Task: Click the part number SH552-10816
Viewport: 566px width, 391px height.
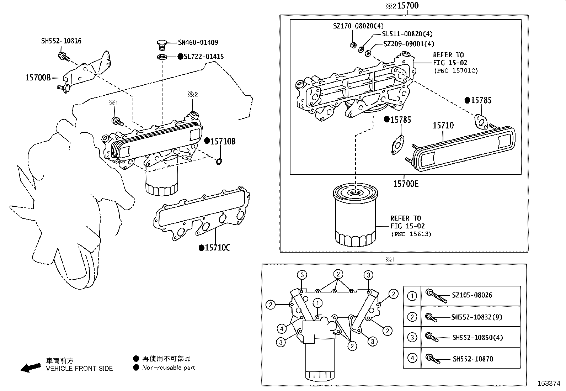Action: pyautogui.click(x=61, y=41)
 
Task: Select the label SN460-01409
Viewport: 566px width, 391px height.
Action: pyautogui.click(x=198, y=42)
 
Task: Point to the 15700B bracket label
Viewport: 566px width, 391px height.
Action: pyautogui.click(x=38, y=77)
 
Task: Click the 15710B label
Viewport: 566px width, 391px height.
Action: pyautogui.click(x=223, y=141)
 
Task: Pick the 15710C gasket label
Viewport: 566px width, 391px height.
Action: pyautogui.click(x=217, y=247)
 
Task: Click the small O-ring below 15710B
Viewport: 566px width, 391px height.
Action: pyautogui.click(x=219, y=162)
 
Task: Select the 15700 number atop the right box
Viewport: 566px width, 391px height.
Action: pyautogui.click(x=408, y=6)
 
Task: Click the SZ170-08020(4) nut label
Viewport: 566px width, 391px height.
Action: pyautogui.click(x=358, y=26)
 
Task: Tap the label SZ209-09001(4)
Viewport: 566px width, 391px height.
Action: pyautogui.click(x=409, y=44)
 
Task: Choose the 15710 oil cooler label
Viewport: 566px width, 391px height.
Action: pyautogui.click(x=443, y=125)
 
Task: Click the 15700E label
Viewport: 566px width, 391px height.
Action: pyautogui.click(x=406, y=184)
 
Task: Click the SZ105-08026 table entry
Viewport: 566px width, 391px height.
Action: pyautogui.click(x=472, y=295)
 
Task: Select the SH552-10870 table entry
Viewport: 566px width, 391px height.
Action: pyautogui.click(x=472, y=359)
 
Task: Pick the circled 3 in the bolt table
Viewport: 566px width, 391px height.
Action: pyautogui.click(x=412, y=337)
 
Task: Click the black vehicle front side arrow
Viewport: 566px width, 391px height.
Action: pyautogui.click(x=31, y=368)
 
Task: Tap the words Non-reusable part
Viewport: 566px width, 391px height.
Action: pyautogui.click(x=169, y=368)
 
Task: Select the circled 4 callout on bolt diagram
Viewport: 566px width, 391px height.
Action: pyautogui.click(x=281, y=328)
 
